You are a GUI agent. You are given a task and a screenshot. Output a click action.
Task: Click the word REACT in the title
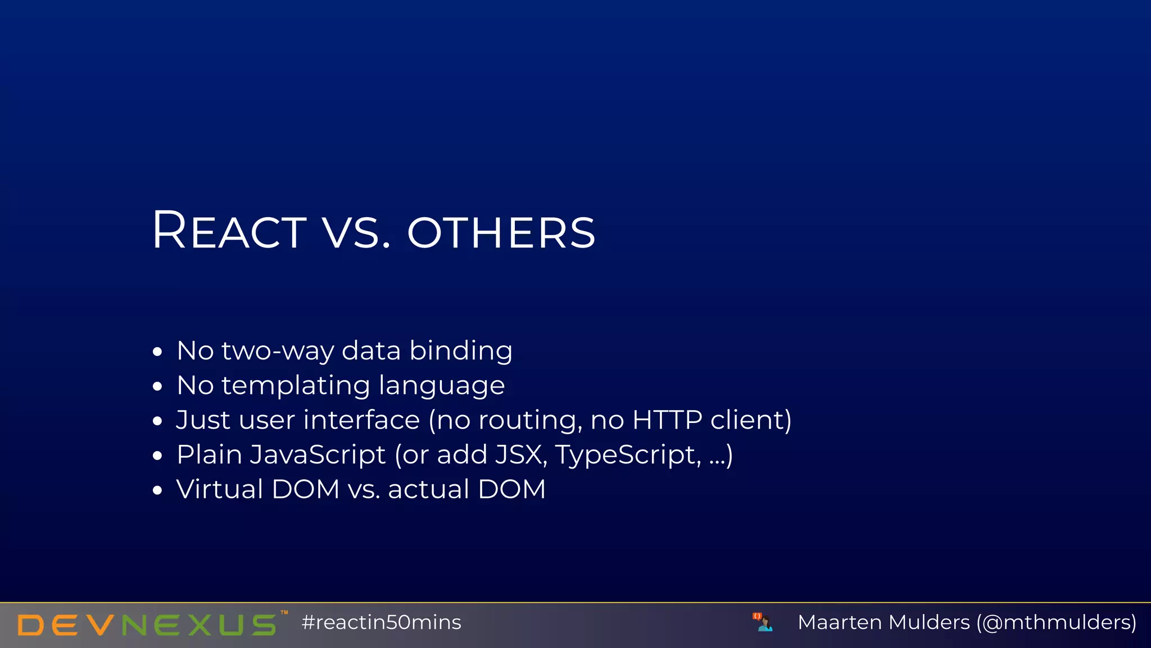click(x=229, y=231)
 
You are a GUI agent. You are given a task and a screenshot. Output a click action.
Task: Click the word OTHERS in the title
click(x=501, y=232)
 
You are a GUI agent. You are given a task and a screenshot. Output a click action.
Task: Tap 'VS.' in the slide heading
click(x=356, y=232)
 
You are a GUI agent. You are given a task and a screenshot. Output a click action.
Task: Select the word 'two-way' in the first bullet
click(x=278, y=352)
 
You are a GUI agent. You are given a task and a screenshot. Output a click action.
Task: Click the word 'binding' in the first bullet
click(x=461, y=352)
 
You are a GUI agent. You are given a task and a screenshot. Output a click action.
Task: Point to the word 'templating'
click(x=296, y=386)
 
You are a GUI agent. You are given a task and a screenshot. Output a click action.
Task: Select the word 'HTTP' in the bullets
click(x=667, y=420)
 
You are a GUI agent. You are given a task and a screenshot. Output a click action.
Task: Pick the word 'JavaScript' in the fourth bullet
click(x=318, y=455)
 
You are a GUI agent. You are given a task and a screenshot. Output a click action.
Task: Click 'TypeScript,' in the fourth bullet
click(x=628, y=456)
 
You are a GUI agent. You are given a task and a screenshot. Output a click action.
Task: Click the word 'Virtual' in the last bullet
click(x=219, y=489)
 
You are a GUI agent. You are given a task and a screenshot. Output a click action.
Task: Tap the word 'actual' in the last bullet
click(x=428, y=489)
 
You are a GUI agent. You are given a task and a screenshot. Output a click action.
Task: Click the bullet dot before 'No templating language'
click(x=157, y=387)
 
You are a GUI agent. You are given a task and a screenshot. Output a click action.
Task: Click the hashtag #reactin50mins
click(x=381, y=623)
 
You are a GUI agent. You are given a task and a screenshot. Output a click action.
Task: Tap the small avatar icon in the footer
click(x=763, y=622)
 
